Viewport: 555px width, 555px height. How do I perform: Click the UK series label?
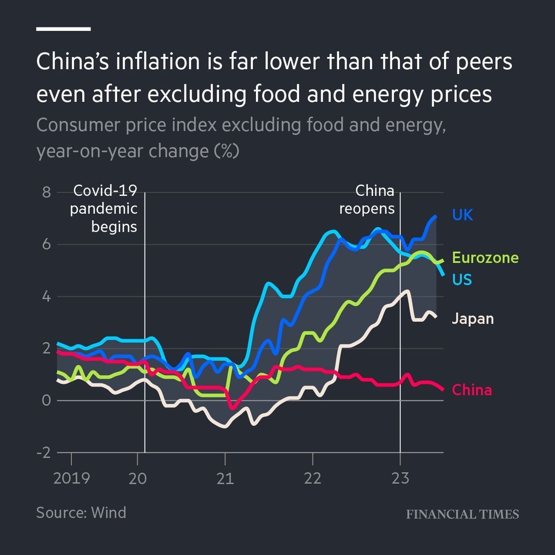462,215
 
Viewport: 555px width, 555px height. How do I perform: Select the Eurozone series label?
485,257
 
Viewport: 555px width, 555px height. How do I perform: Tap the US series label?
461,280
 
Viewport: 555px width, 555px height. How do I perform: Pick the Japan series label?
472,319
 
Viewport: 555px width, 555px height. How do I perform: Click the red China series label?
471,390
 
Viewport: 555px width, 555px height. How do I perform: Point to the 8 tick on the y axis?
46,193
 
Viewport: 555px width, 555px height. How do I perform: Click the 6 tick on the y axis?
46,245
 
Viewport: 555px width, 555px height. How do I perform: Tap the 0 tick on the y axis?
46,400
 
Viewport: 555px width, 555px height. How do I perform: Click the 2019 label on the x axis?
71,478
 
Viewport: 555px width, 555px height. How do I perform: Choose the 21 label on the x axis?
225,478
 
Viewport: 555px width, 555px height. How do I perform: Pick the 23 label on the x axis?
400,478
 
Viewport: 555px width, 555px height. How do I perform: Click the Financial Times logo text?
462,514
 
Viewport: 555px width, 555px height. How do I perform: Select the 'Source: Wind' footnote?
81,512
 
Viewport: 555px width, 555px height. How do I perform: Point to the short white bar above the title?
63,29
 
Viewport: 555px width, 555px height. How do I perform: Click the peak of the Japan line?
408,291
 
